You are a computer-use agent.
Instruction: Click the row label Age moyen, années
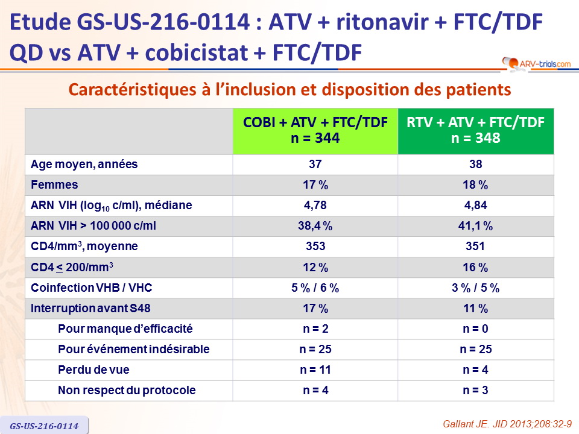84,165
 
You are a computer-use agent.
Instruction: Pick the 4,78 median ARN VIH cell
315,206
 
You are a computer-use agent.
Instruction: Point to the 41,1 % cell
476,226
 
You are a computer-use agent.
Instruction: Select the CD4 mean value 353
315,247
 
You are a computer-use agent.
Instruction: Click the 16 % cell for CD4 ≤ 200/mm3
476,267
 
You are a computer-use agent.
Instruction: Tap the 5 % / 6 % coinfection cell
315,288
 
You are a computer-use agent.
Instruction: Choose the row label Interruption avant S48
90,309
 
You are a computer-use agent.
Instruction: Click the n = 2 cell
315,329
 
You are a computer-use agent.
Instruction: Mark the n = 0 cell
476,329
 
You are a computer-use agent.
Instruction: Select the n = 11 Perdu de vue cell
315,370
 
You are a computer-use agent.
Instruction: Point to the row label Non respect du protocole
127,391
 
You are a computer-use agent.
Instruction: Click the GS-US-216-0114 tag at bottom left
43,426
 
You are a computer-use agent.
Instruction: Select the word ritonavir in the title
374,23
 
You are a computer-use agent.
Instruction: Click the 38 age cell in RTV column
476,165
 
